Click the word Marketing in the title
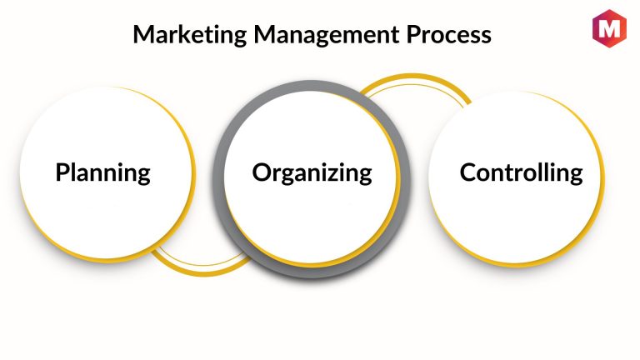190,35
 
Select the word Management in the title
327,35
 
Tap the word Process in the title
448,34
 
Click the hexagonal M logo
609,28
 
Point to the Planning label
102,173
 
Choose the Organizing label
312,173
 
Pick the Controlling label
521,173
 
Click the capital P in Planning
62,172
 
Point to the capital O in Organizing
262,172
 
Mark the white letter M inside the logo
609,28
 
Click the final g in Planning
142,177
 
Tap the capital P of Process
413,35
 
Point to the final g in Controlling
575,177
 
